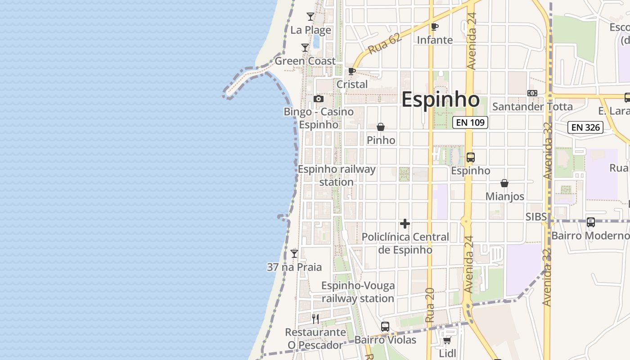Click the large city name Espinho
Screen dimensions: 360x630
click(x=440, y=99)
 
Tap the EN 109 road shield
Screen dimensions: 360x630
click(x=470, y=122)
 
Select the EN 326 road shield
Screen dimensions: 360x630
click(x=585, y=127)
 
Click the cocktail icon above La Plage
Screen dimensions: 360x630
click(x=310, y=17)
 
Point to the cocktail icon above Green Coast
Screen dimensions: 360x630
click(x=305, y=48)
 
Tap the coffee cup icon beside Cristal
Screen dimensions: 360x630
click(x=352, y=72)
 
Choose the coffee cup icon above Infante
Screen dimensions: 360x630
click(x=434, y=27)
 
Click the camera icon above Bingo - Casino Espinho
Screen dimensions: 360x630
click(x=319, y=99)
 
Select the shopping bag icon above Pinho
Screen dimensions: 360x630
click(x=381, y=127)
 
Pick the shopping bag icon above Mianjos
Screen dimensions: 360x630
click(x=504, y=184)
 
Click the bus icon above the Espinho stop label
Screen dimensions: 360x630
click(x=470, y=157)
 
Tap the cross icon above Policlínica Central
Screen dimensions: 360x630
click(x=405, y=224)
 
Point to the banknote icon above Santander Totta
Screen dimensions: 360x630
click(x=532, y=93)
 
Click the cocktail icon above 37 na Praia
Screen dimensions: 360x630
click(x=294, y=254)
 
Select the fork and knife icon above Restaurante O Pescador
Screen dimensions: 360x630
click(x=315, y=319)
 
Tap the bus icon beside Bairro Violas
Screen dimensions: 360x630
click(x=385, y=327)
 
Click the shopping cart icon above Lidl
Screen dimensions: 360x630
click(x=447, y=340)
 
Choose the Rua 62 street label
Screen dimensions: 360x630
click(x=384, y=44)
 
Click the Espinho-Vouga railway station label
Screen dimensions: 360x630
click(x=358, y=292)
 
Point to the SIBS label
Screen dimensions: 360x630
click(x=536, y=217)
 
